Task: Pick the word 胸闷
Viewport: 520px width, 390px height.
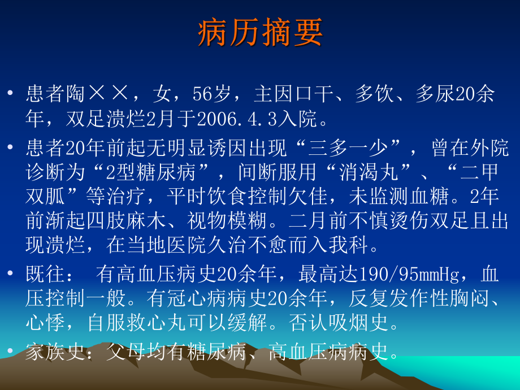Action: tap(469, 298)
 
